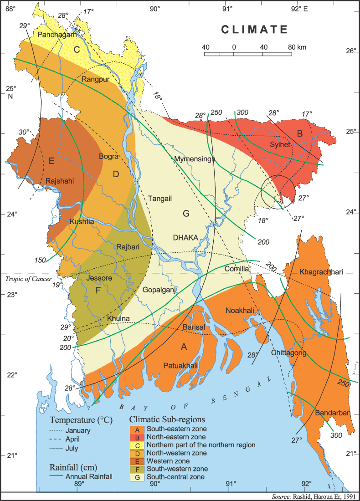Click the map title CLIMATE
click(x=255, y=30)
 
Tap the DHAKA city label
click(x=185, y=237)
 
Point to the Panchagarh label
click(x=57, y=35)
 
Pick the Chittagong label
click(x=288, y=353)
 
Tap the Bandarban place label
click(x=332, y=413)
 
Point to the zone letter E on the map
click(x=51, y=160)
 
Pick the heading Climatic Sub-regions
click(x=167, y=419)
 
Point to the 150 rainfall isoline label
click(x=40, y=260)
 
